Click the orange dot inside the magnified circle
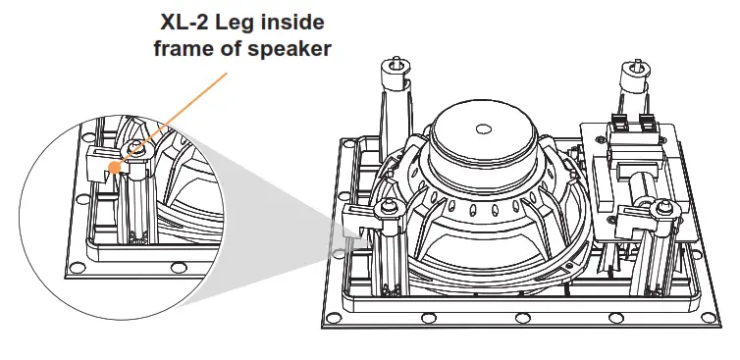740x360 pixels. pyautogui.click(x=115, y=167)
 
